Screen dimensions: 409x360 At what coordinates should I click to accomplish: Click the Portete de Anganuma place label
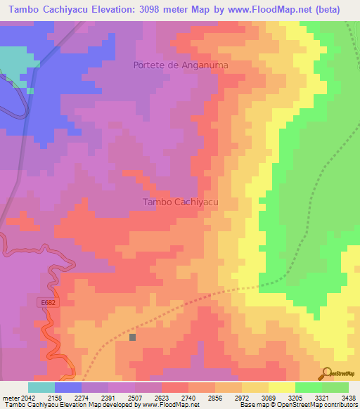[x=181, y=65]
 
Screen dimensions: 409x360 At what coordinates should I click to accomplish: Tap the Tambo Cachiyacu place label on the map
[x=181, y=202]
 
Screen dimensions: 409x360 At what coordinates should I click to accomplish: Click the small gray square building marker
[x=132, y=337]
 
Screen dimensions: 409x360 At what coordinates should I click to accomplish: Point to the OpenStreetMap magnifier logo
[x=327, y=372]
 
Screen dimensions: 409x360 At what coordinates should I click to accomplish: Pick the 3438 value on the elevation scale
[x=348, y=397]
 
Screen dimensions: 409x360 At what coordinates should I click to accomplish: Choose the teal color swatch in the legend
[x=41, y=387]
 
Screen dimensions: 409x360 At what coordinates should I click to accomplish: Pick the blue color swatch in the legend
[x=68, y=387]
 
